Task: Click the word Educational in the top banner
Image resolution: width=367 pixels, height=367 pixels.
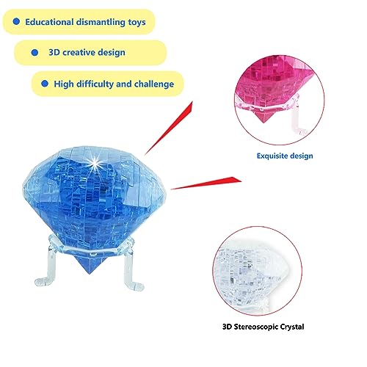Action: tap(49, 22)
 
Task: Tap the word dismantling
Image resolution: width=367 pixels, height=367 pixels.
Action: tap(101, 22)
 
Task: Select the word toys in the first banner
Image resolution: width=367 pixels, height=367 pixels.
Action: tap(137, 23)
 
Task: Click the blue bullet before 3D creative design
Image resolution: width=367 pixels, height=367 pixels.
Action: tap(34, 52)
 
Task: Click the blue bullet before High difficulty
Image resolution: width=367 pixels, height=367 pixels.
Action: tap(45, 84)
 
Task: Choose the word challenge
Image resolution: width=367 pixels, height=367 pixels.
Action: tap(154, 84)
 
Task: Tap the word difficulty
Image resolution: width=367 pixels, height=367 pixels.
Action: tap(95, 84)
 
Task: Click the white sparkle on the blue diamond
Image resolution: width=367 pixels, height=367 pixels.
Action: tap(95, 162)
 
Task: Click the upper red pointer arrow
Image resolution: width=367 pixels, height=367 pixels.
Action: tap(169, 128)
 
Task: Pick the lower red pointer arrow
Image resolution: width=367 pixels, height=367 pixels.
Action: tap(206, 183)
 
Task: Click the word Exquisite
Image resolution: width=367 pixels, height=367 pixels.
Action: tap(272, 156)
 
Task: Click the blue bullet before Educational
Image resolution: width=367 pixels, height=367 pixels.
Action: tap(16, 21)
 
